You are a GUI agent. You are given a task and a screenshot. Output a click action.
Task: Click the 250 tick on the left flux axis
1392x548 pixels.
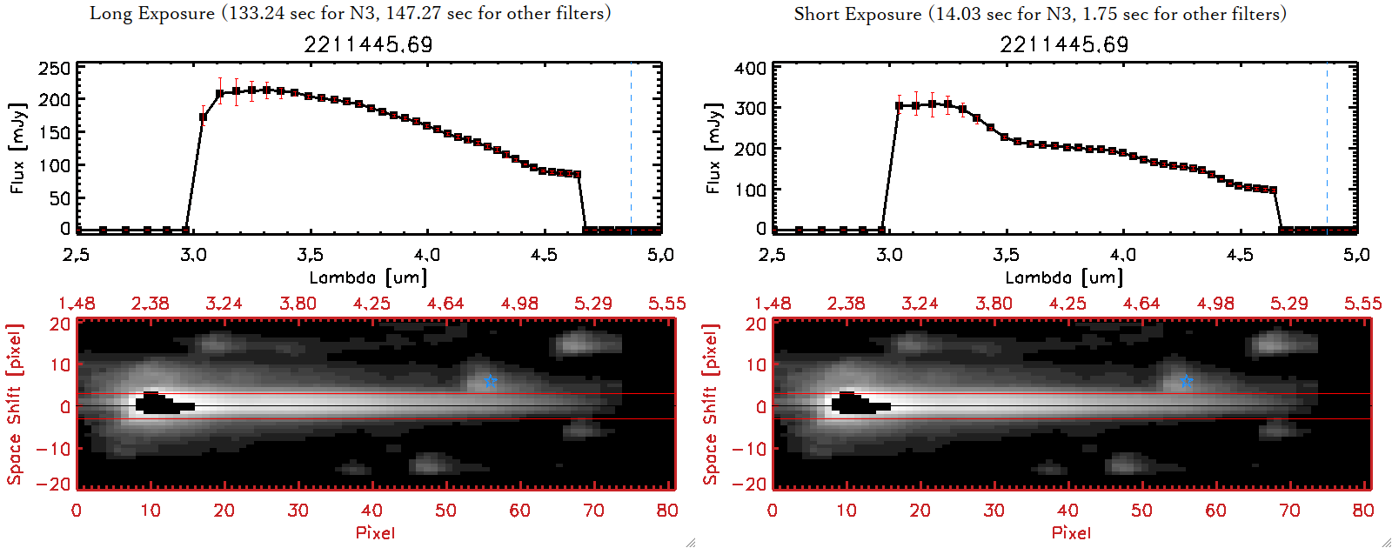point(55,68)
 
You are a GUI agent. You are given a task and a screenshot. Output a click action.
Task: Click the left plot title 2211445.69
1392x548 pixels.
point(368,44)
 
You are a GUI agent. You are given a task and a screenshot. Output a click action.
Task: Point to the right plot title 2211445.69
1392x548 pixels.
point(1064,44)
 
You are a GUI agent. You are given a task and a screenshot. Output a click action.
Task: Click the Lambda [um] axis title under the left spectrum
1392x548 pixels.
point(368,277)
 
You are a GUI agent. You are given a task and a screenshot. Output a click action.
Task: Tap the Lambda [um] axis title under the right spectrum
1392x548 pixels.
point(1064,277)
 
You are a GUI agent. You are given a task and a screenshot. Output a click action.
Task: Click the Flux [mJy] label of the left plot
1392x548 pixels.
point(18,148)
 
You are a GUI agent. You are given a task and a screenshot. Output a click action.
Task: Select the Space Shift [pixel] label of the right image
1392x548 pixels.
point(711,404)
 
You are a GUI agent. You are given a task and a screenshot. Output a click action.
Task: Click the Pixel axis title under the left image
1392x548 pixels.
point(375,532)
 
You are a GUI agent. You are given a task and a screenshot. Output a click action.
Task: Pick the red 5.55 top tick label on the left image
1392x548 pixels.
point(666,304)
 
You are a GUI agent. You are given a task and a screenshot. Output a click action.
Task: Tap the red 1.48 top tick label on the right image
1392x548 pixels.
point(773,304)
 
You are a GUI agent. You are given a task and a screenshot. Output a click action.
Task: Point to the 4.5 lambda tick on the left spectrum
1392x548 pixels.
point(544,255)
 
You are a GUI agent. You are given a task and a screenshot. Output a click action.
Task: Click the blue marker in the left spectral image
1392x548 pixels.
point(492,381)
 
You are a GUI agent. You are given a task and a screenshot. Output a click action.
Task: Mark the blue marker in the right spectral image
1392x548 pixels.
point(1188,381)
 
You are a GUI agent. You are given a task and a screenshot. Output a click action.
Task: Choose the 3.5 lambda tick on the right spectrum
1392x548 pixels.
point(1006,255)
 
